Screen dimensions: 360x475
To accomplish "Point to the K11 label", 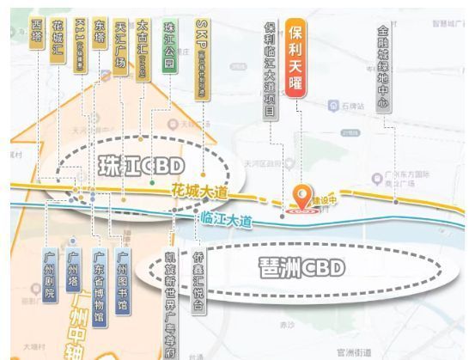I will point(80,44).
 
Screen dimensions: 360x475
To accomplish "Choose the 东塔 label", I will point(100,43).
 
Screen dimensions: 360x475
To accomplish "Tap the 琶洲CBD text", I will point(301,267).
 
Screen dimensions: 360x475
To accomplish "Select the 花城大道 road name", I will point(198,192).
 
